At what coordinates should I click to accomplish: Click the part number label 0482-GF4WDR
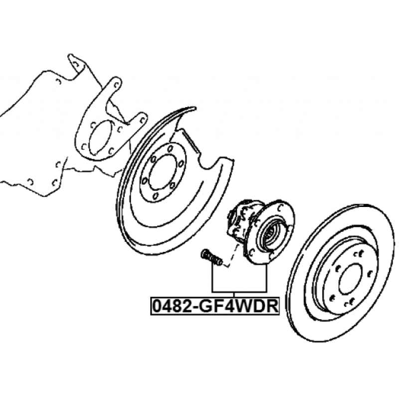pyautogui.click(x=215, y=306)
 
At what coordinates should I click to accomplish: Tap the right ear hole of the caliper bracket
pyautogui.click(x=143, y=119)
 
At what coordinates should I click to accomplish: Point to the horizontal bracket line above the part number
pyautogui.click(x=239, y=291)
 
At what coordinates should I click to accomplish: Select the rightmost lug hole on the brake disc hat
pyautogui.click(x=370, y=274)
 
